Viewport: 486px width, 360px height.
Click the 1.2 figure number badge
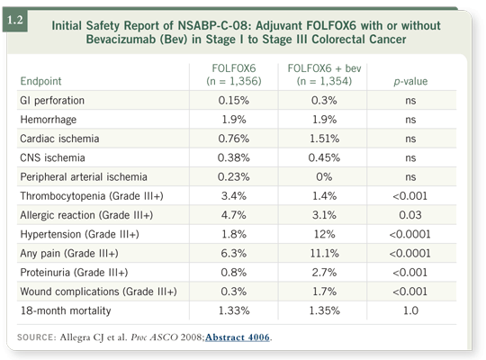pyautogui.click(x=15, y=21)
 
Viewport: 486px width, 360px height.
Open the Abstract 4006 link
pyautogui.click(x=238, y=337)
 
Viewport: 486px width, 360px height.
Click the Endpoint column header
pyautogui.click(x=40, y=81)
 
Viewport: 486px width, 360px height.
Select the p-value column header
pyautogui.click(x=410, y=81)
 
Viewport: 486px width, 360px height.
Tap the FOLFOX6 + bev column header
pyautogui.click(x=324, y=75)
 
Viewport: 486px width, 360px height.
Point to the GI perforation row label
pyautogui.click(x=52, y=101)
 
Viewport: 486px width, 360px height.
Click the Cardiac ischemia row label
pyautogui.click(x=59, y=139)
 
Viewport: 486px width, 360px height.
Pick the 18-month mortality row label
pyautogui.click(x=66, y=310)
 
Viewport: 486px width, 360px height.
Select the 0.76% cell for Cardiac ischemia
pyautogui.click(x=234, y=139)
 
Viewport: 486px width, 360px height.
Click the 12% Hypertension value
pyautogui.click(x=324, y=234)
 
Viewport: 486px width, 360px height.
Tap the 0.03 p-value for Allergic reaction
pyautogui.click(x=410, y=215)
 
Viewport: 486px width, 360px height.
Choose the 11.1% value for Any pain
pyautogui.click(x=324, y=253)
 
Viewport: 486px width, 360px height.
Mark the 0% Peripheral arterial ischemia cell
pyautogui.click(x=324, y=176)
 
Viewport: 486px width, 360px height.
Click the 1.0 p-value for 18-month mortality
pyautogui.click(x=410, y=310)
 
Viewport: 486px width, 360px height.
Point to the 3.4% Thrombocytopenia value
pyautogui.click(x=234, y=196)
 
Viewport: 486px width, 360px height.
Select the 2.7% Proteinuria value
pyautogui.click(x=324, y=273)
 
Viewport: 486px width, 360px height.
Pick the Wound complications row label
pyautogui.click(x=99, y=292)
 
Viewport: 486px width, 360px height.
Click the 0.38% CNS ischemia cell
pyautogui.click(x=234, y=157)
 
